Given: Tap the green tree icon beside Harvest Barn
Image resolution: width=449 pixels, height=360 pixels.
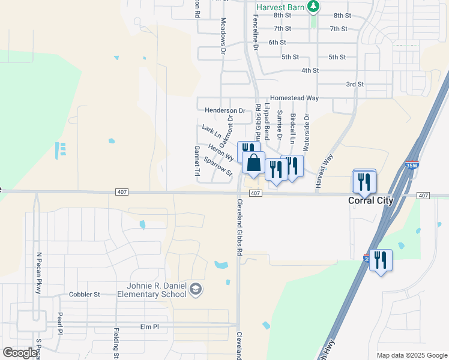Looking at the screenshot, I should [313, 7].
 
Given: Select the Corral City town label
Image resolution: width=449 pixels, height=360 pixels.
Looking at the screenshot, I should [371, 201].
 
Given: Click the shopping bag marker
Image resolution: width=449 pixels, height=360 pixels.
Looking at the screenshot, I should [253, 163].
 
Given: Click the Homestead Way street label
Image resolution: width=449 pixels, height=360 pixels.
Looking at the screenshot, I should [294, 98].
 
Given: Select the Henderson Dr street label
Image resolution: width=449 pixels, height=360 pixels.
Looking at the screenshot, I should [225, 110].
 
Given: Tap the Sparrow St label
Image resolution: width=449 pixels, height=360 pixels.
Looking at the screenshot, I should [218, 167].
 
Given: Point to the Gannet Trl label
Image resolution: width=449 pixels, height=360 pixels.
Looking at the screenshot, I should [196, 161].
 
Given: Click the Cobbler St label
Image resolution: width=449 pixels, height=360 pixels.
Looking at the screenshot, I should [84, 295].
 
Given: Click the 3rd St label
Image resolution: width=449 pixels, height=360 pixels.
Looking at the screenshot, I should [355, 85].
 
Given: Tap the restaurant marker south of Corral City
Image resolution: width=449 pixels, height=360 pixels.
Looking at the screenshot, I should [381, 260].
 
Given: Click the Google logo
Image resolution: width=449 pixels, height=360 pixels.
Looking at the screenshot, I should [20, 352].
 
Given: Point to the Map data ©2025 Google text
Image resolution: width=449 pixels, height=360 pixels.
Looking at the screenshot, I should [412, 355].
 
